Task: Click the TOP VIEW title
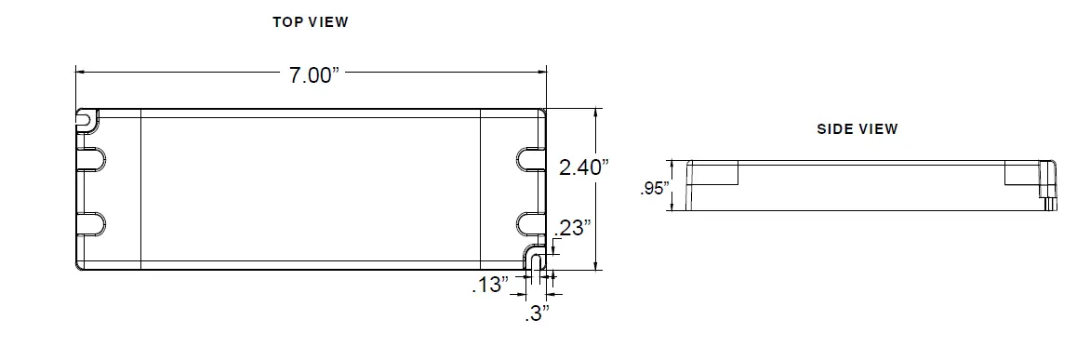pos(310,22)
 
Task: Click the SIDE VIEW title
pos(858,129)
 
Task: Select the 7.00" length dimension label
pos(310,75)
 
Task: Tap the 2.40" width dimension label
pos(583,167)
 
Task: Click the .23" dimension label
pos(572,229)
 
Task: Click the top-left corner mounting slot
pos(85,118)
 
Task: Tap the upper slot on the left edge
pos(90,158)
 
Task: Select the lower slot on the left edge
pos(90,223)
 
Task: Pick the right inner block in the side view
pos(1019,171)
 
